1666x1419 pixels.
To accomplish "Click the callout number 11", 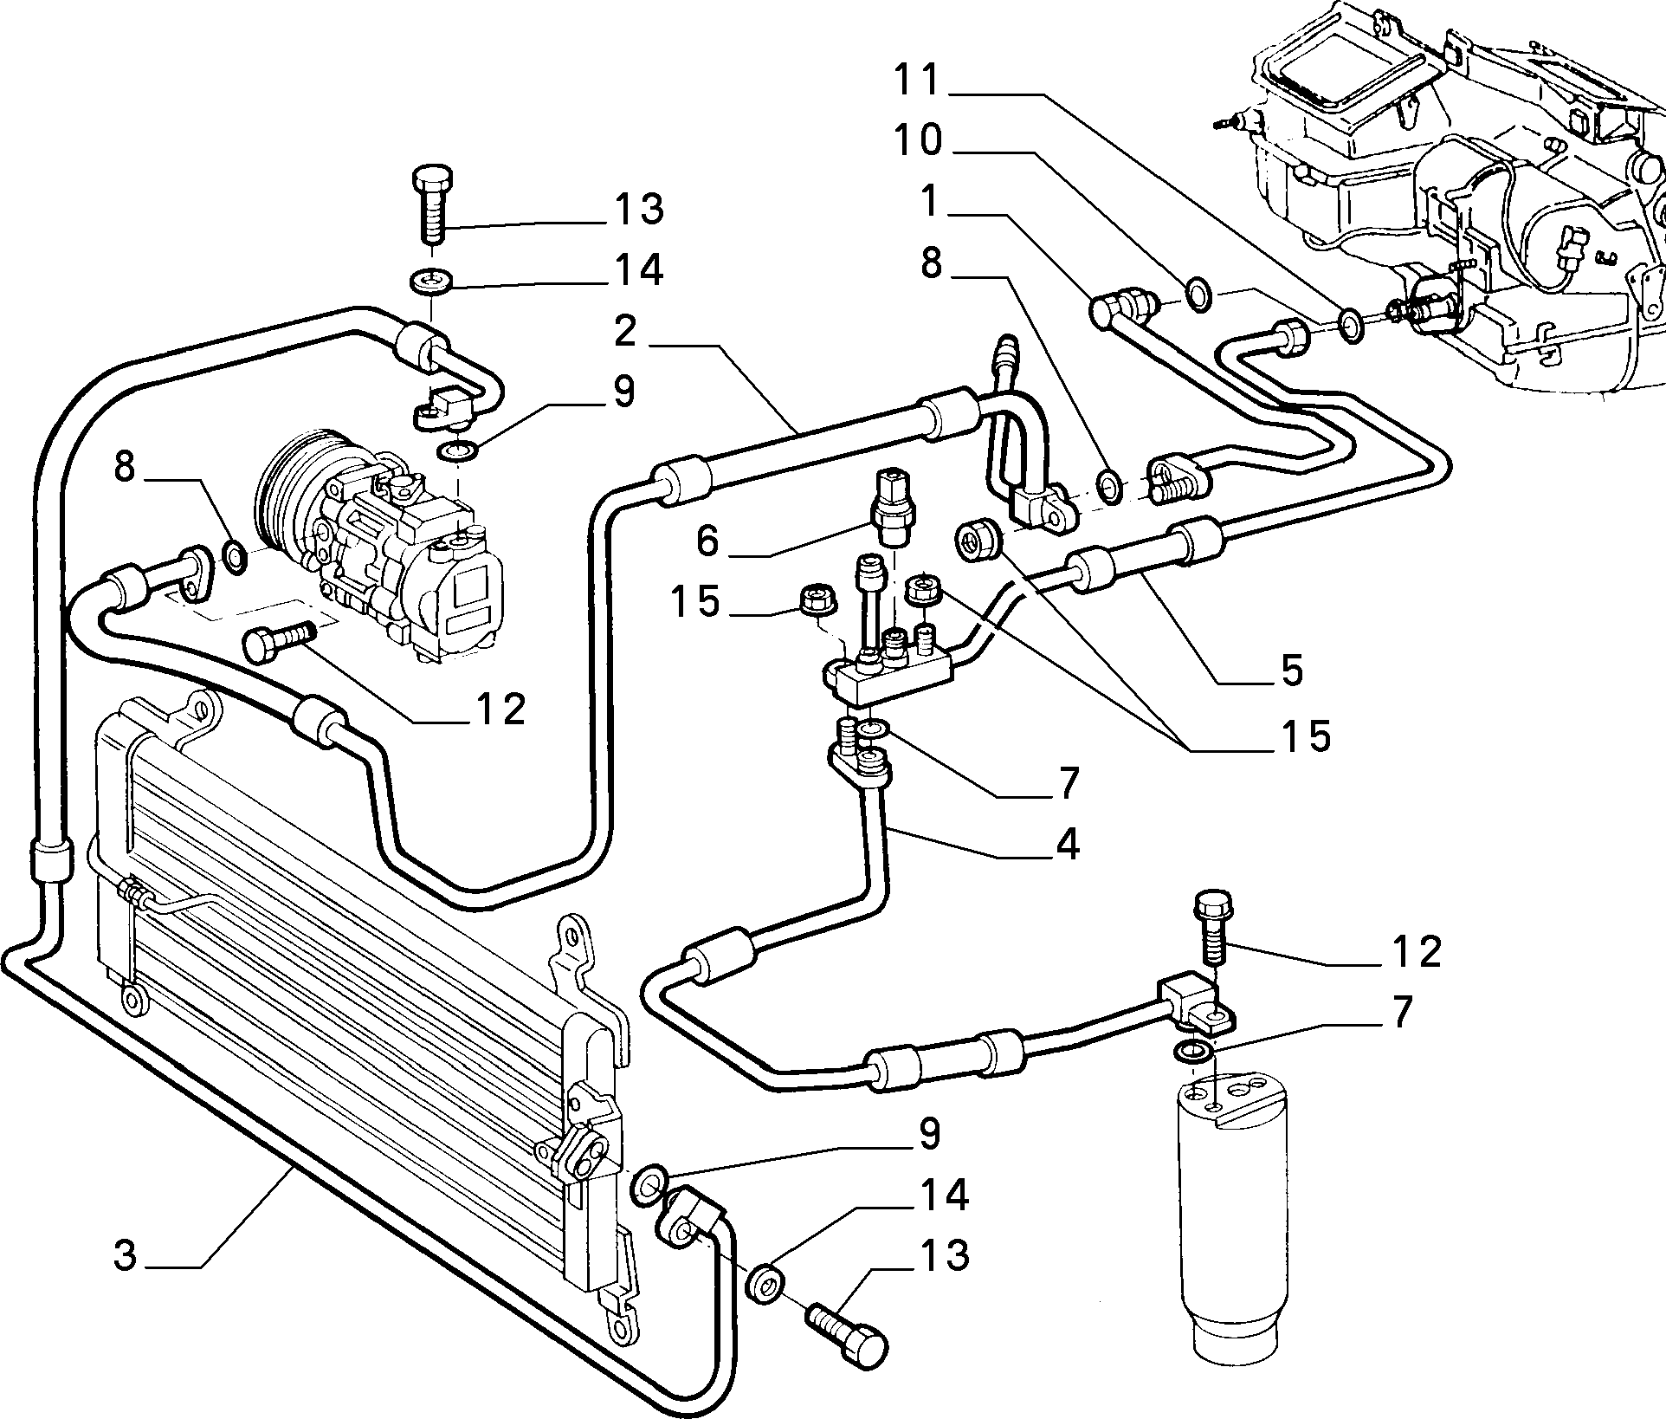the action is [917, 81].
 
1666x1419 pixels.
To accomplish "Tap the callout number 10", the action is [919, 140].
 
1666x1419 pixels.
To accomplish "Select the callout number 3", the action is [126, 1256].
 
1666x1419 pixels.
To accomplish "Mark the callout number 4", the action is [1068, 843].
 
